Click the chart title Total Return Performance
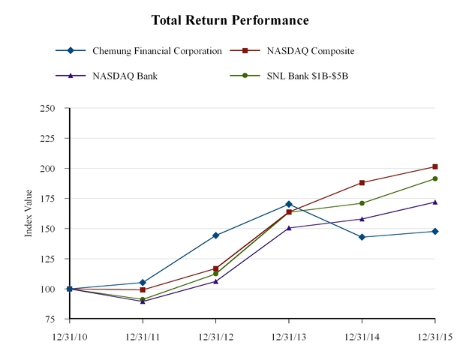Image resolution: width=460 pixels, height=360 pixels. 230,19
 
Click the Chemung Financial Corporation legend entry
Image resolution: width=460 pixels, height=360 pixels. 157,51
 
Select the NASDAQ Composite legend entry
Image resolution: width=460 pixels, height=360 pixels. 310,51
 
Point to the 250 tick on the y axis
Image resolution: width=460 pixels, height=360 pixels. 53,108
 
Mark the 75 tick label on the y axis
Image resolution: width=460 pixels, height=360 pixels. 55,319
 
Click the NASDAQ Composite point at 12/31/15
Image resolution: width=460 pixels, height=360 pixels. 435,166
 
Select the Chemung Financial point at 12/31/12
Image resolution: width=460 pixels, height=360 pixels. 216,235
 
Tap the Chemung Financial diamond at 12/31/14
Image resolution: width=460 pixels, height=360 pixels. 362,237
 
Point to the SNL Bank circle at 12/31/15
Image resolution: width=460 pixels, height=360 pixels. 435,178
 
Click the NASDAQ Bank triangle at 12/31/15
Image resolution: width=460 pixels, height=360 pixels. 435,202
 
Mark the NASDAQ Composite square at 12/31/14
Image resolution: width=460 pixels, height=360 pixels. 362,182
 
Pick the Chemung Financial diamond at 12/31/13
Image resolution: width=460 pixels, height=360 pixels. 289,204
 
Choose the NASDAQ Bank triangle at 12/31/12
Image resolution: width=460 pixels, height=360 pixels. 216,281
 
